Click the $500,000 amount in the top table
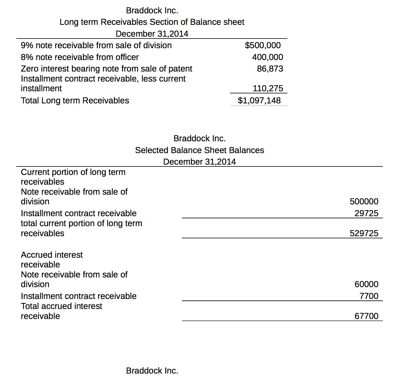tap(263, 45)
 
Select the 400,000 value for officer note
tap(267, 57)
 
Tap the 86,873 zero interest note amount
tap(270, 69)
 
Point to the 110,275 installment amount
tap(268, 88)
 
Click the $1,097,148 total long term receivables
tap(259, 100)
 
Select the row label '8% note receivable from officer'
tap(80, 57)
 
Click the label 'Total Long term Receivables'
tap(75, 100)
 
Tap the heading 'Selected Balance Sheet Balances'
tap(199, 150)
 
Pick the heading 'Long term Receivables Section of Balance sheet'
tap(152, 22)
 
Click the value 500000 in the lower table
tap(364, 201)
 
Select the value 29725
tap(366, 213)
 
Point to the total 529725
tap(364, 233)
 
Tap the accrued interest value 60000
tap(366, 284)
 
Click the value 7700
tap(369, 296)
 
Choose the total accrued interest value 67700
tap(366, 316)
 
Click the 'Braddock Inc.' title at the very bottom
tap(152, 371)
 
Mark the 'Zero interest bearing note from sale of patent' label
tap(106, 69)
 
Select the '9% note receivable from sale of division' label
tap(96, 45)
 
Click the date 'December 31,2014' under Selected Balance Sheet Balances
tap(199, 162)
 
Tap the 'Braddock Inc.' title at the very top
tap(152, 10)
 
